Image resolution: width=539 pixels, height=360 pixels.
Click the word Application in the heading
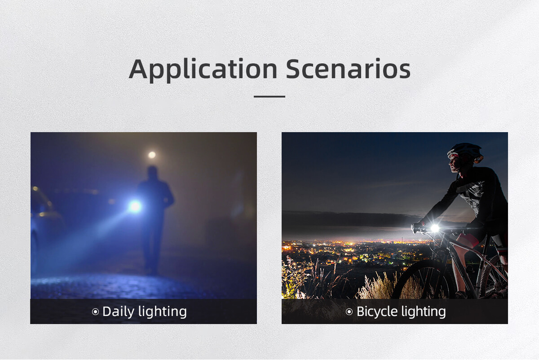[x=203, y=69]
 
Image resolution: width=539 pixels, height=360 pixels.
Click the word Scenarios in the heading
[x=348, y=69]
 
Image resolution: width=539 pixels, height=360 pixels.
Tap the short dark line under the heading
[x=269, y=97]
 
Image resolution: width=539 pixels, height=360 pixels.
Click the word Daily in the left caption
[x=119, y=312]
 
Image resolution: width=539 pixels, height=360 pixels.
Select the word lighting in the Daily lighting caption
[x=163, y=312]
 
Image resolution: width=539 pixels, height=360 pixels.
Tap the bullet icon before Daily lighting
[x=95, y=312]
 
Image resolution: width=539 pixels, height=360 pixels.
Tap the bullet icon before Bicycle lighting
[x=349, y=312]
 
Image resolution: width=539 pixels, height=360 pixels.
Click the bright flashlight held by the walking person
[x=135, y=207]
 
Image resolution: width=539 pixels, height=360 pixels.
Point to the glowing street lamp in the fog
[x=152, y=155]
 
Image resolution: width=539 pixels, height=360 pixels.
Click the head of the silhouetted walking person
[x=152, y=173]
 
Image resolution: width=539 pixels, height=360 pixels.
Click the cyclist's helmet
[x=466, y=152]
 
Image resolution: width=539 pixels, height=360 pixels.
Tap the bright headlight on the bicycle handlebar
[x=435, y=228]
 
